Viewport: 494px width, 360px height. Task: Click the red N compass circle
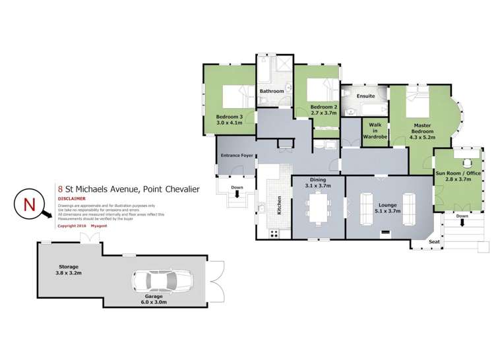(29, 204)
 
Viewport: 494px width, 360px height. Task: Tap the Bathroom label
(271, 91)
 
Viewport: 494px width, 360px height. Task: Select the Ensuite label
(365, 96)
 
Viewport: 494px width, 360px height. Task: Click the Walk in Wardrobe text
(375, 131)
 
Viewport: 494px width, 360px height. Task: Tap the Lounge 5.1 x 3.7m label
(387, 209)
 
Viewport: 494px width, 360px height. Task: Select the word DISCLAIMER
(72, 198)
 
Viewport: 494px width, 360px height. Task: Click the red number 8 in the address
(61, 188)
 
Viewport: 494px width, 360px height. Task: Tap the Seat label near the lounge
(435, 242)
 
